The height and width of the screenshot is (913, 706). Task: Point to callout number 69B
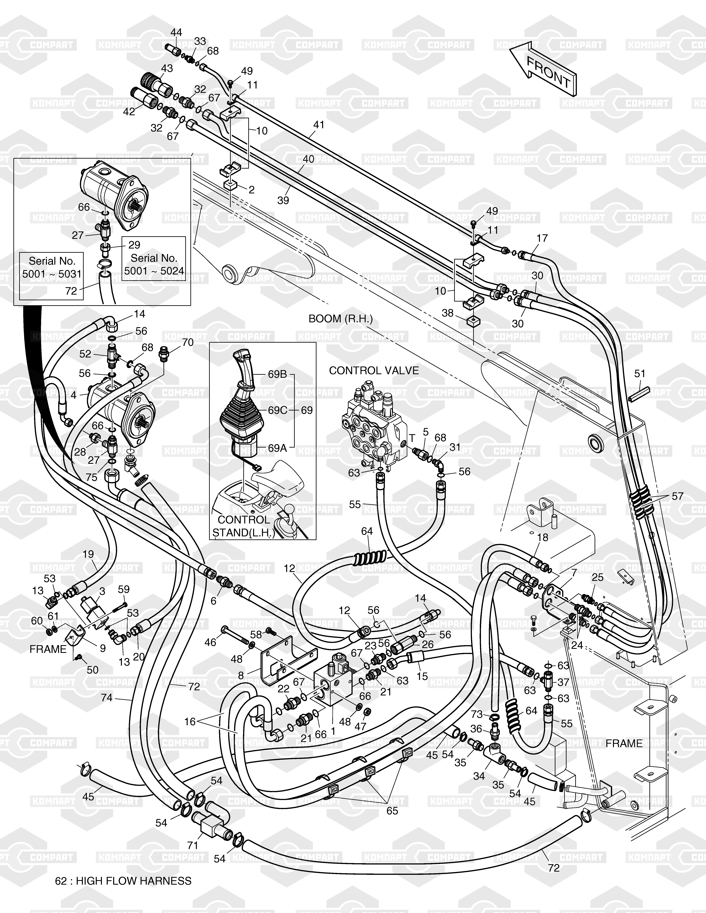[277, 374]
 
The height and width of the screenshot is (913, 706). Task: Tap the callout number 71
[192, 845]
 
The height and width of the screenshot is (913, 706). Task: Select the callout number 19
[88, 554]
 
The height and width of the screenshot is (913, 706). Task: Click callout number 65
[392, 811]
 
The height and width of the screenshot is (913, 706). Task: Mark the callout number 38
[448, 313]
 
